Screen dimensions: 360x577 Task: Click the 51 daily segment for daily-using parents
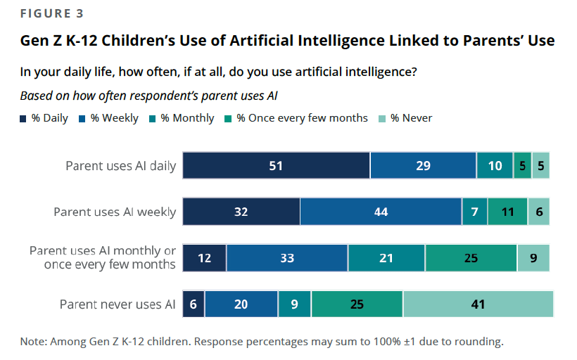pos(276,166)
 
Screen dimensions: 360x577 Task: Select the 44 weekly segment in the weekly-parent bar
pos(381,212)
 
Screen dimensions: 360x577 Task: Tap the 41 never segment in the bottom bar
pos(478,304)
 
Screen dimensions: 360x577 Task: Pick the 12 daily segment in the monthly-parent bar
pos(204,258)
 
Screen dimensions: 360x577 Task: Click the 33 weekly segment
pos(287,258)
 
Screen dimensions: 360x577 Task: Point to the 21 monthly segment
pos(386,258)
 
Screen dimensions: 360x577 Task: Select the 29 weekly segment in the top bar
pos(423,166)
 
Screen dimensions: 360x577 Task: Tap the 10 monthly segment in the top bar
pos(495,166)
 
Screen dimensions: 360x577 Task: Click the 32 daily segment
pos(241,212)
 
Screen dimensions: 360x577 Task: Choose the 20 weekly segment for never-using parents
pos(241,304)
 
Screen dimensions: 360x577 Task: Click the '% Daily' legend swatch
pos(24,118)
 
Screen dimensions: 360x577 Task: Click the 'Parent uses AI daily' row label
pos(120,166)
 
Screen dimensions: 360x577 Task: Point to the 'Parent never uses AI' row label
pos(118,304)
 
